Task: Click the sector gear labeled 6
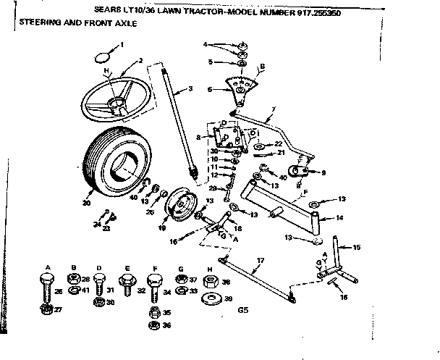240,91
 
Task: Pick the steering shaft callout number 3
190,89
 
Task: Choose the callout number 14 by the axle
340,218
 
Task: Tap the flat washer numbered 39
210,298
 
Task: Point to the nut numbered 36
153,326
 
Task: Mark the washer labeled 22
259,146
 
